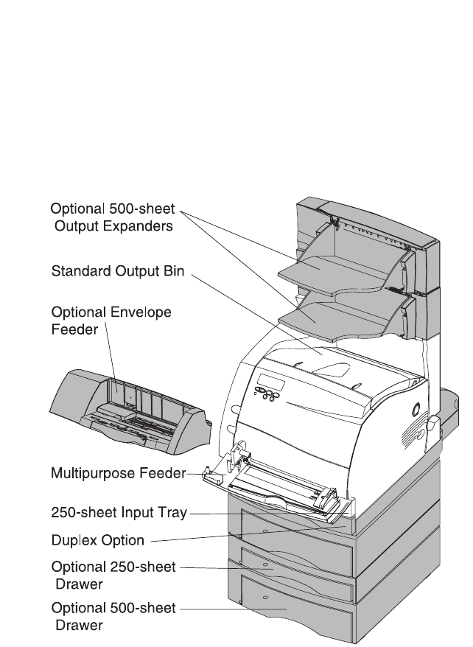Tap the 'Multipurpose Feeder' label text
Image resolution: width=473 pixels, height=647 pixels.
(117, 473)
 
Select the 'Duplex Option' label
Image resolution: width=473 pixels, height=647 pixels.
(97, 541)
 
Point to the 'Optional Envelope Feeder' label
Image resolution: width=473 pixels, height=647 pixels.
(111, 320)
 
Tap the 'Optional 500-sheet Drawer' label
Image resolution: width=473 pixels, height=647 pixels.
(113, 615)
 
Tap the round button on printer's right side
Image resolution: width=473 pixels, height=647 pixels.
(415, 407)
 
